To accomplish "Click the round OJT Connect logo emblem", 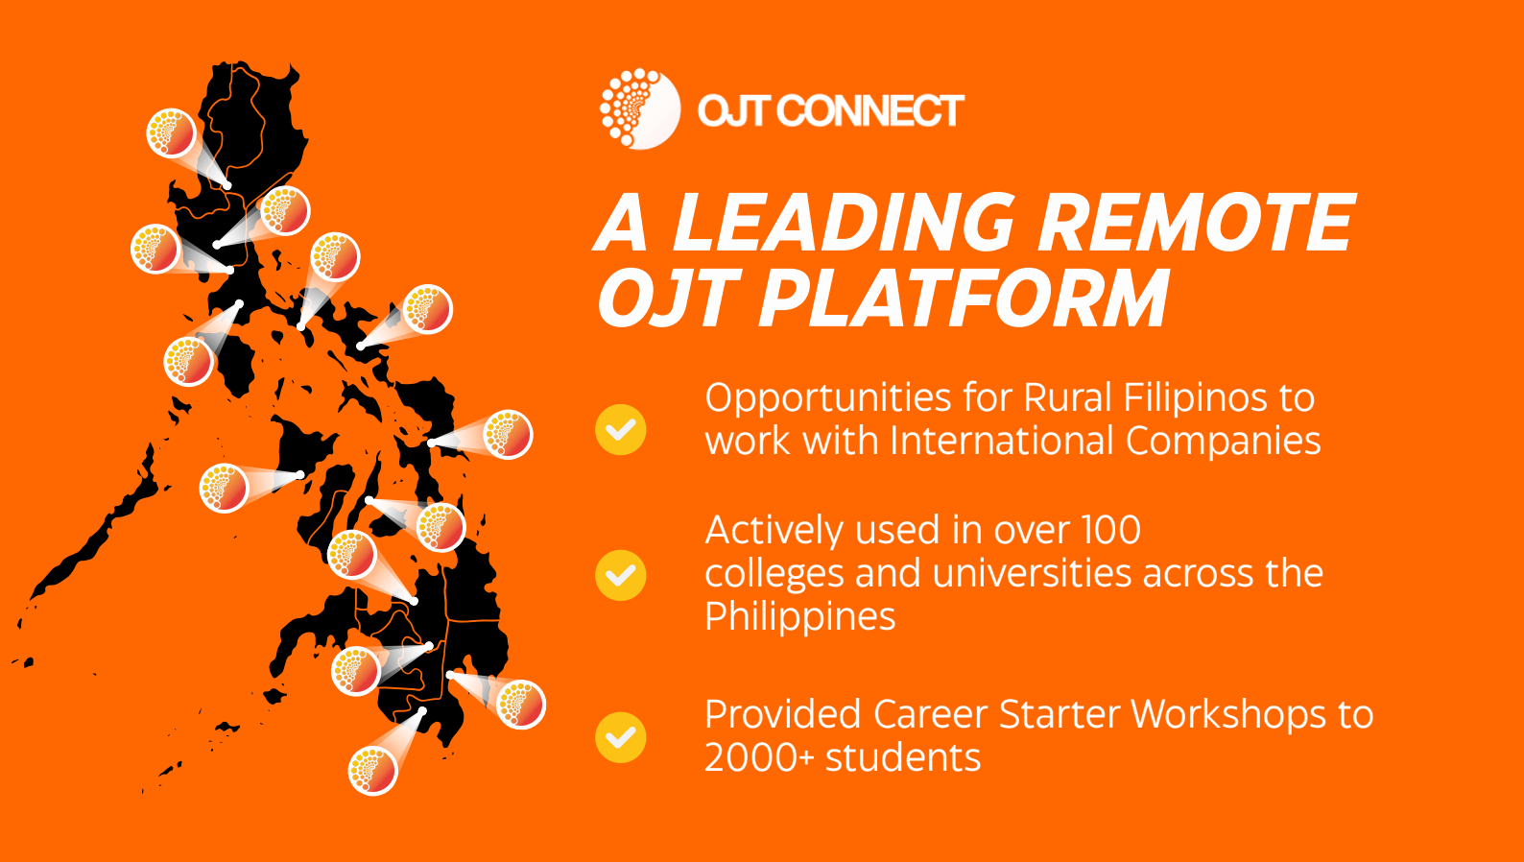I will tap(640, 109).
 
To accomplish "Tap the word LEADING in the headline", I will tap(844, 223).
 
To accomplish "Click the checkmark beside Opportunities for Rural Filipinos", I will tap(621, 429).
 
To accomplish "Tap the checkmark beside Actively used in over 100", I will tap(621, 575).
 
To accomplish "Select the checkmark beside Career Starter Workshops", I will tap(621, 737).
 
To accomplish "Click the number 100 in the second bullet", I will tap(1110, 530).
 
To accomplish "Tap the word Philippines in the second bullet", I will tap(799, 616).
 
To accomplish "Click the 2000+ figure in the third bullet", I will tap(759, 757).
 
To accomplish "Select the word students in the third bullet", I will tap(903, 757).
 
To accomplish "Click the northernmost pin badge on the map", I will tap(172, 132).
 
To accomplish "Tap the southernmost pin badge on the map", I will tap(372, 770).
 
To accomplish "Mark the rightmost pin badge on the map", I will tap(521, 704).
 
